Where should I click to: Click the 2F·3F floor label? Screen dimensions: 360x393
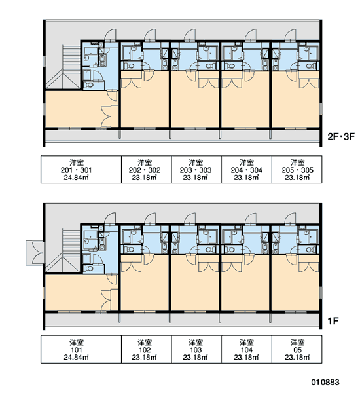click(x=341, y=137)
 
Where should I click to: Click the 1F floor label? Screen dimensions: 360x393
click(x=333, y=321)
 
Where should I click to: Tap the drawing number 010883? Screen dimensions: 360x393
click(x=325, y=382)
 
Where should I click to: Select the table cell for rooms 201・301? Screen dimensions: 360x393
click(x=81, y=170)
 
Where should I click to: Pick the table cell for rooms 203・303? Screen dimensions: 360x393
click(x=196, y=170)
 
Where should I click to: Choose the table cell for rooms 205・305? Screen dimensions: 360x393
click(x=297, y=170)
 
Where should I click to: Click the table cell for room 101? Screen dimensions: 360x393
click(x=81, y=349)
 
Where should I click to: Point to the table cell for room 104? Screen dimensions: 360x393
click(x=247, y=349)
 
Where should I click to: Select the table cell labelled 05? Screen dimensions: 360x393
click(x=297, y=349)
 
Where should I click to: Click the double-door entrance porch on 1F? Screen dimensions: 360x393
click(x=35, y=253)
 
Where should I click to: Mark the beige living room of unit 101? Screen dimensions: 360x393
click(x=78, y=293)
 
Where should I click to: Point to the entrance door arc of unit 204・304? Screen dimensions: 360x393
click(x=251, y=35)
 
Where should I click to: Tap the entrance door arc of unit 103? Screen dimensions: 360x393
click(x=190, y=218)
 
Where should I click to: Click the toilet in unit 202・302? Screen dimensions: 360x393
click(x=130, y=66)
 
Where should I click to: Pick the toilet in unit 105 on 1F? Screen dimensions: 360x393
click(x=310, y=250)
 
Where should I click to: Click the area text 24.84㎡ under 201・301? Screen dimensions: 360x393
click(x=76, y=178)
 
